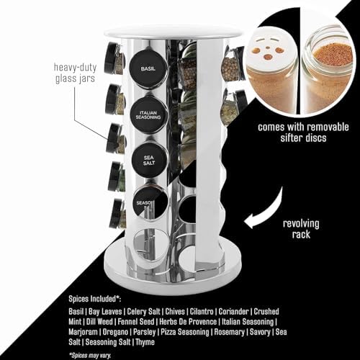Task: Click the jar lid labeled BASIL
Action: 148,69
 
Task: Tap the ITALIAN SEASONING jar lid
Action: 148,114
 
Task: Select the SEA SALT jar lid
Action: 149,160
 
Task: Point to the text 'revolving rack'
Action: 301,229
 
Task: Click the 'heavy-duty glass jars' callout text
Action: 75,73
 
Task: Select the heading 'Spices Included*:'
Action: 95,299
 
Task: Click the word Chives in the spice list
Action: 175,312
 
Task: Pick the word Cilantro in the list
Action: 202,312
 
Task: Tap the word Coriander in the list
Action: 233,312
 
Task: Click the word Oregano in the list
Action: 115,332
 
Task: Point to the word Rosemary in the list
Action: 229,332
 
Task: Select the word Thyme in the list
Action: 145,342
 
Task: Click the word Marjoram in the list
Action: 83,332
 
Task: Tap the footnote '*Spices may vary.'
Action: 90,356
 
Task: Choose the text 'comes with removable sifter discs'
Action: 303,132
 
